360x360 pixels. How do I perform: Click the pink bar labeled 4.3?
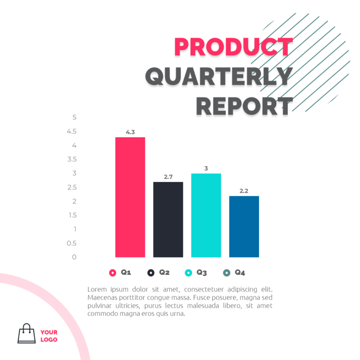coord(130,197)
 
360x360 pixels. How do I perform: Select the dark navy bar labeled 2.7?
coord(168,219)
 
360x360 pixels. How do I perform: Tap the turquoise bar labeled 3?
coord(206,215)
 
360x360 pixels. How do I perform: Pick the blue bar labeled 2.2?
coord(244,226)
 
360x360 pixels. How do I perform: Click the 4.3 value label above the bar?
coord(130,132)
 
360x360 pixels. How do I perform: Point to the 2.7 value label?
coord(168,177)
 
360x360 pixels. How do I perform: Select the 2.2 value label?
coord(244,191)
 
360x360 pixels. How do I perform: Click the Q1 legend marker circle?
coord(112,273)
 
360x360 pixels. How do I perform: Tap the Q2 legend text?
coord(164,272)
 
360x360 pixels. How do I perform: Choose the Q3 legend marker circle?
coord(188,273)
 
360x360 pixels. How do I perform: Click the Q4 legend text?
coord(240,272)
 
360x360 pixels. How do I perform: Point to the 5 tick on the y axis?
coord(75,117)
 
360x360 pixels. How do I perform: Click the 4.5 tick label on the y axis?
coord(72,131)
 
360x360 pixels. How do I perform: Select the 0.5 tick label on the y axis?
coord(72,243)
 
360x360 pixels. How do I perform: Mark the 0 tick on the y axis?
coord(74,257)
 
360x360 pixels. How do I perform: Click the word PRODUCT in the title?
coord(233,47)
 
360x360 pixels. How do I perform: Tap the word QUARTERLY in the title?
coord(219,76)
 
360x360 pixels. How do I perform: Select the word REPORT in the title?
coord(244,106)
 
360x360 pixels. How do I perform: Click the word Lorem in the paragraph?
coord(97,289)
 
